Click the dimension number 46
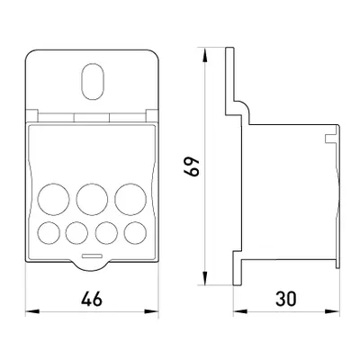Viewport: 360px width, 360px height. coord(92,299)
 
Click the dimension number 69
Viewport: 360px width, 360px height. coord(192,166)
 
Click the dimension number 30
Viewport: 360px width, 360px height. coord(286,299)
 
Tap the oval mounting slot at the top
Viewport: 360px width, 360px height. coord(93,82)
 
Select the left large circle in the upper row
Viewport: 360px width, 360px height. coord(54,199)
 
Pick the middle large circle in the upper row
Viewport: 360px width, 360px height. coord(92,199)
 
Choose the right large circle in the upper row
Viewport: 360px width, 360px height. coord(130,199)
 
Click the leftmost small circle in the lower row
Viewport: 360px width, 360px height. coord(49,233)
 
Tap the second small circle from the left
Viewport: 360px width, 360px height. coord(76,233)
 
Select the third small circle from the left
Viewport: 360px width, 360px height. coord(106,233)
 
